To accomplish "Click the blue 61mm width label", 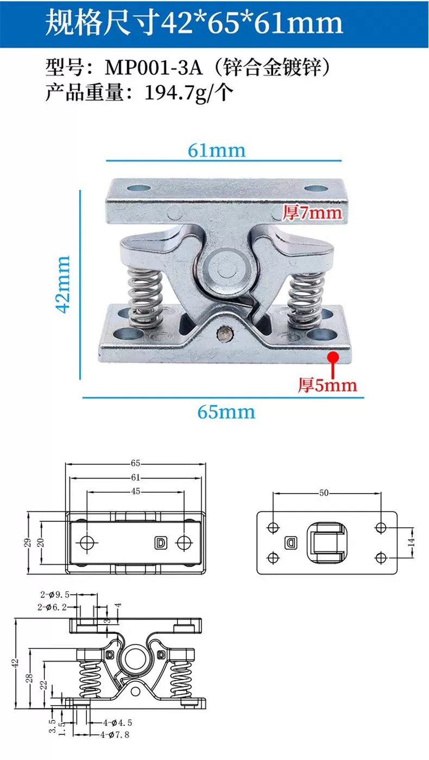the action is click(x=217, y=151).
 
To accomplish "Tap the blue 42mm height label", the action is click(x=63, y=284).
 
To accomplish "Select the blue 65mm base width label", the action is click(x=226, y=412).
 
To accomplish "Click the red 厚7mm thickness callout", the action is click(x=312, y=213).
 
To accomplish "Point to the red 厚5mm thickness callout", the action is click(x=327, y=385).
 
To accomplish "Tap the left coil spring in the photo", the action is click(x=145, y=297).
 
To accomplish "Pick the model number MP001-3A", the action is click(x=154, y=67).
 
